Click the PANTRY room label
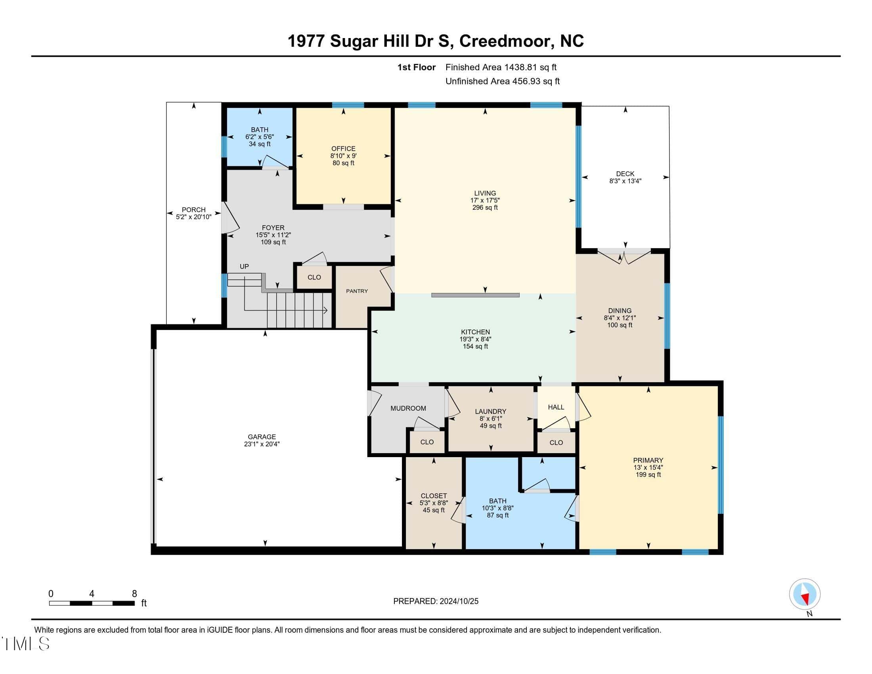click(x=357, y=291)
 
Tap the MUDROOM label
click(x=408, y=408)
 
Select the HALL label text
click(x=556, y=407)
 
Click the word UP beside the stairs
click(x=244, y=266)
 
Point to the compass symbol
click(x=805, y=594)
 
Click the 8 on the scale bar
click(x=134, y=594)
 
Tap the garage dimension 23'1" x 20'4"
click(x=262, y=444)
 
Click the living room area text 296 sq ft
click(x=485, y=208)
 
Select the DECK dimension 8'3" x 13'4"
click(x=625, y=181)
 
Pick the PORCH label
click(x=194, y=210)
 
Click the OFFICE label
click(x=343, y=149)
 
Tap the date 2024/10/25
click(x=458, y=601)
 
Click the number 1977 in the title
click(x=306, y=41)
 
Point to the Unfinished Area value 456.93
click(x=526, y=81)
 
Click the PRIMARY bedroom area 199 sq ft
click(x=648, y=475)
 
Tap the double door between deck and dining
click(x=625, y=257)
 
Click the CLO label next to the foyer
click(x=314, y=277)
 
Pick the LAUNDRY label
click(x=491, y=411)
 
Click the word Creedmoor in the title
click(x=505, y=41)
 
